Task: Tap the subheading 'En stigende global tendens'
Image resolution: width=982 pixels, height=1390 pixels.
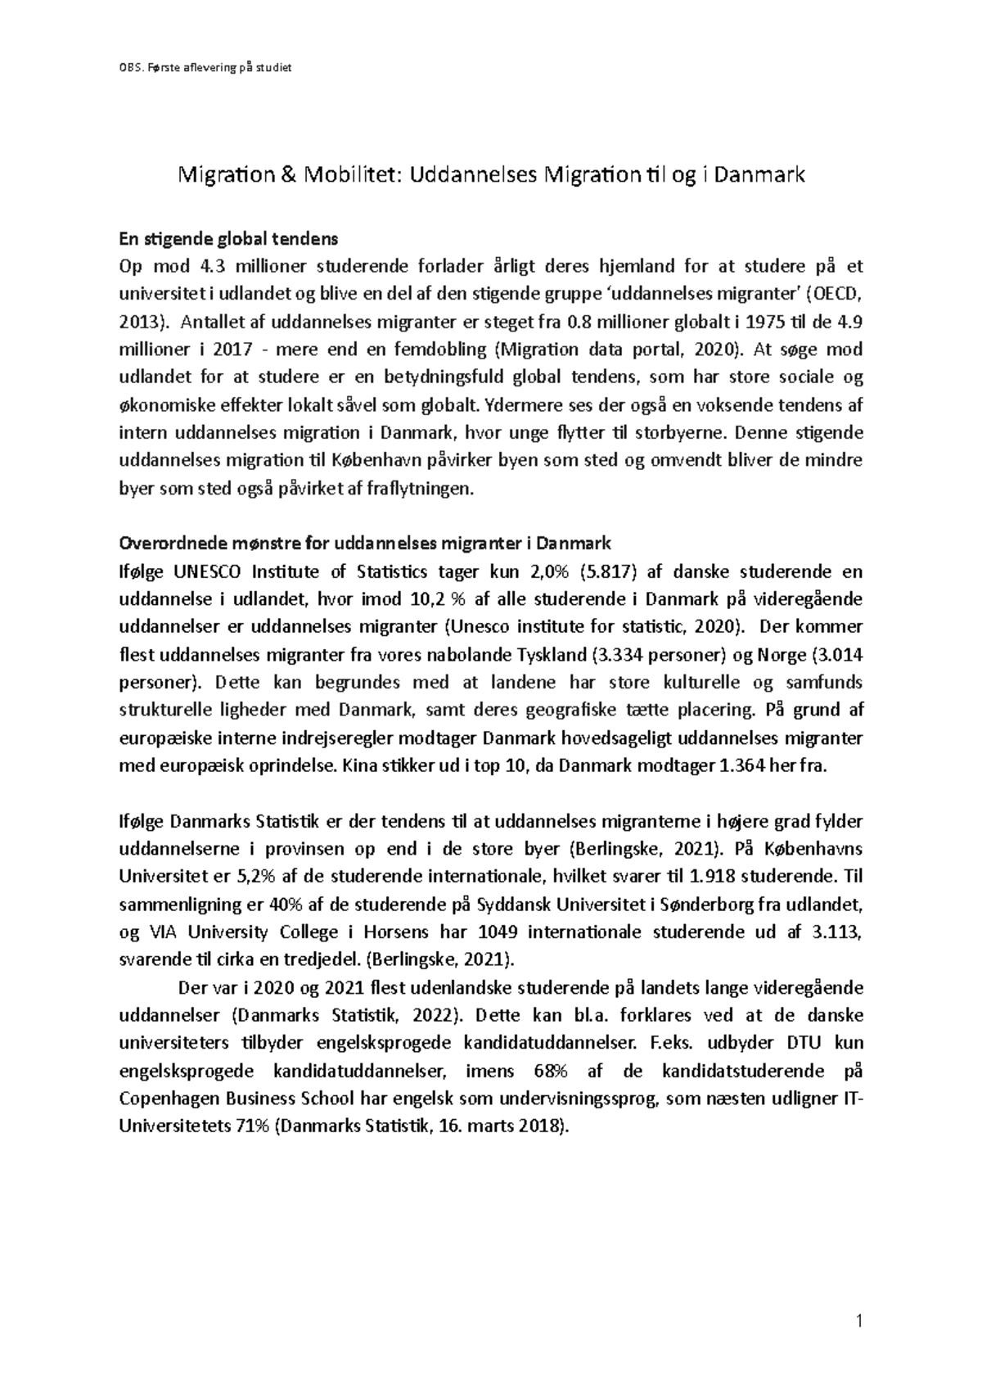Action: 228,239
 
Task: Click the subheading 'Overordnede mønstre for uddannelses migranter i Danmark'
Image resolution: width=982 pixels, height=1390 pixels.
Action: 365,544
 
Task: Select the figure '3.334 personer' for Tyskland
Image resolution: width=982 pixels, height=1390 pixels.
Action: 658,655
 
